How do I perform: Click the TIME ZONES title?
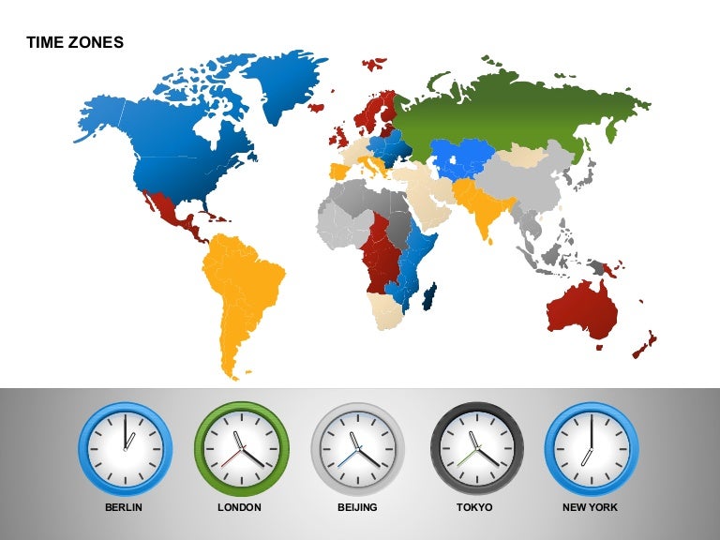point(75,42)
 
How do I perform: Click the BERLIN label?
point(125,507)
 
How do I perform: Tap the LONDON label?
point(241,507)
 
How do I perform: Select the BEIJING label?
point(357,507)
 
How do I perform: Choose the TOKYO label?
point(476,507)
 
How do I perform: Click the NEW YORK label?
point(591,507)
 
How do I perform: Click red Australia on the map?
point(582,305)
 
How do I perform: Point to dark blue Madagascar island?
point(430,298)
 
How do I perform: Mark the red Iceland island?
point(374,65)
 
